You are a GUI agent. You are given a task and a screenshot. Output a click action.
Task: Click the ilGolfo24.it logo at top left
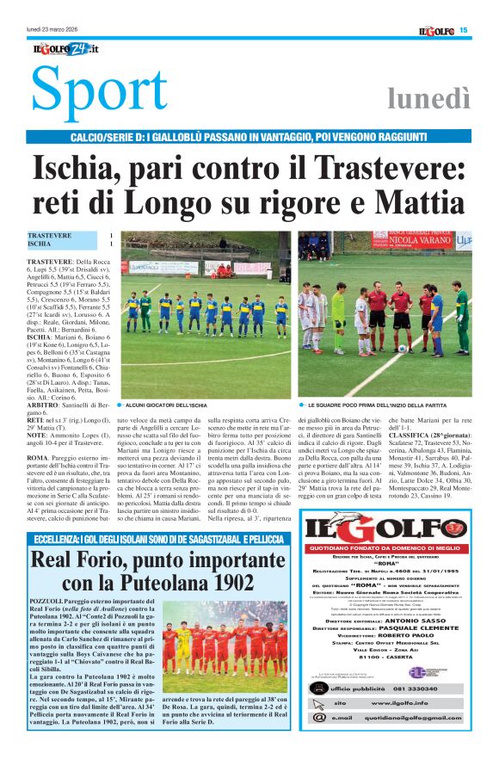[65, 49]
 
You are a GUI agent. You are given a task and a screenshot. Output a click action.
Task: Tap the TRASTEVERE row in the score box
[70, 235]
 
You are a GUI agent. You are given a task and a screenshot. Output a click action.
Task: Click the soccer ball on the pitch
[401, 349]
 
